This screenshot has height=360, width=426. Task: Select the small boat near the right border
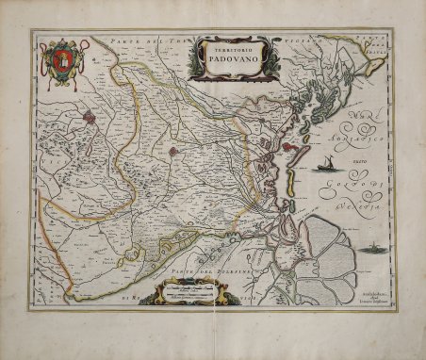click(x=373, y=250)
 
